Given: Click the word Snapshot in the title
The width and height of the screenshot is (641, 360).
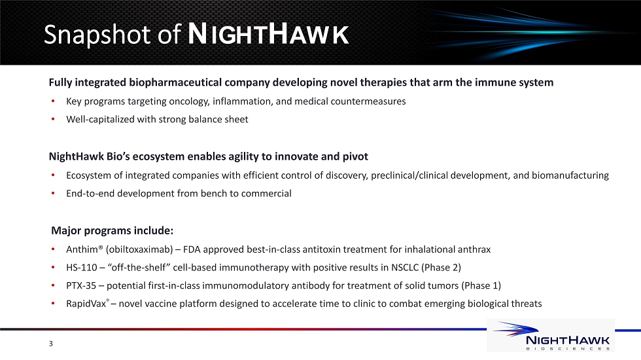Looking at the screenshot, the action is (x=97, y=35).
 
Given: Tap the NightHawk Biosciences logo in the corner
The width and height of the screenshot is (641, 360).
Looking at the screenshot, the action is (x=551, y=335).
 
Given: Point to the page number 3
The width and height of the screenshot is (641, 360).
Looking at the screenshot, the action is (x=51, y=344).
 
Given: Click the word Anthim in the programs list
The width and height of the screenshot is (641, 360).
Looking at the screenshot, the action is (x=82, y=249).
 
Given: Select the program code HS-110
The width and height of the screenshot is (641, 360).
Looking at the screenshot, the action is (x=81, y=268).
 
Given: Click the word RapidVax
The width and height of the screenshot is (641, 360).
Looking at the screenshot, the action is (x=86, y=304).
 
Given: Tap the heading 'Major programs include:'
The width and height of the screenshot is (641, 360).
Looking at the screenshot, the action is (x=112, y=230).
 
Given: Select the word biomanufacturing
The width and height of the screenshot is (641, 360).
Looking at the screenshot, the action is (x=570, y=175).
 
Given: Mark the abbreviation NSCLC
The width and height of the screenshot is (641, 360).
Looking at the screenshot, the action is (x=405, y=268).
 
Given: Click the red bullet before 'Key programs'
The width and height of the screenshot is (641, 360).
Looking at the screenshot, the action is (x=53, y=101).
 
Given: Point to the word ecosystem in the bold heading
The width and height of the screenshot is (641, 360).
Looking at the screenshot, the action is (x=158, y=156).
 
